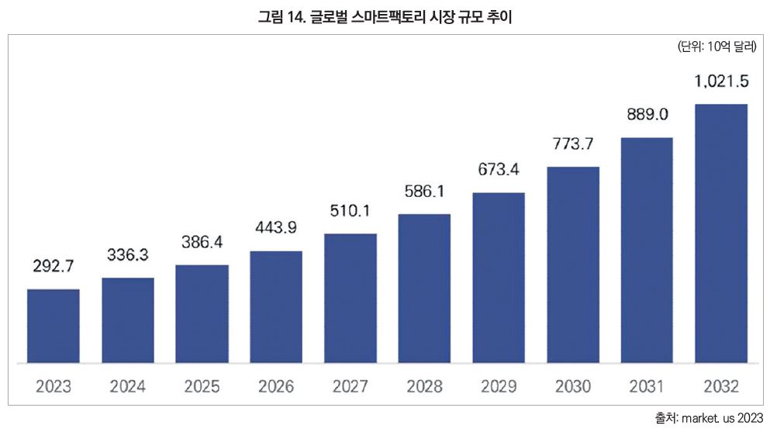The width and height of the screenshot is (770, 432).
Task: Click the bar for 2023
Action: (53, 326)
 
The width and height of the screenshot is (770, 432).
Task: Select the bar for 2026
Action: (276, 306)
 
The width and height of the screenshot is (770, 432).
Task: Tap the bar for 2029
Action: (499, 277)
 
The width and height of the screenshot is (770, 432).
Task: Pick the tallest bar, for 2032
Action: (721, 233)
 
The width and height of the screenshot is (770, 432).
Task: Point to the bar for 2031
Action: (647, 250)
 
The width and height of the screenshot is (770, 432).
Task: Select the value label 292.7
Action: (53, 266)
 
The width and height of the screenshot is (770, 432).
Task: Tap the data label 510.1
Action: (350, 209)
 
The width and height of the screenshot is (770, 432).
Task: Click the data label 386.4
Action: (202, 242)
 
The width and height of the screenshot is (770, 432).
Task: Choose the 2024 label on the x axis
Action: (127, 386)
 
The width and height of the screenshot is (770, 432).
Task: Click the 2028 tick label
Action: (424, 386)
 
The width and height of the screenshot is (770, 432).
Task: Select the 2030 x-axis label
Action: (573, 386)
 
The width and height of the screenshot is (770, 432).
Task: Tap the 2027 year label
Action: (350, 386)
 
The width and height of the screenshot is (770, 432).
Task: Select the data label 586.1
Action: (424, 190)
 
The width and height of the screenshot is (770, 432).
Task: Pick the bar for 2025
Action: (202, 313)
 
